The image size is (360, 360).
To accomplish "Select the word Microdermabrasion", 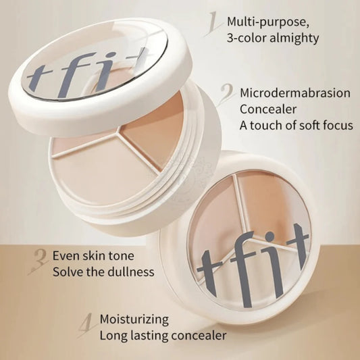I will (295, 93).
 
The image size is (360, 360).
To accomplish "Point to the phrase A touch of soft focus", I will (294, 126).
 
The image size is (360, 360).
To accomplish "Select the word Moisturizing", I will (134, 318).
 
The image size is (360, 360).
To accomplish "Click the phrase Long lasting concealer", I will (163, 334).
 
